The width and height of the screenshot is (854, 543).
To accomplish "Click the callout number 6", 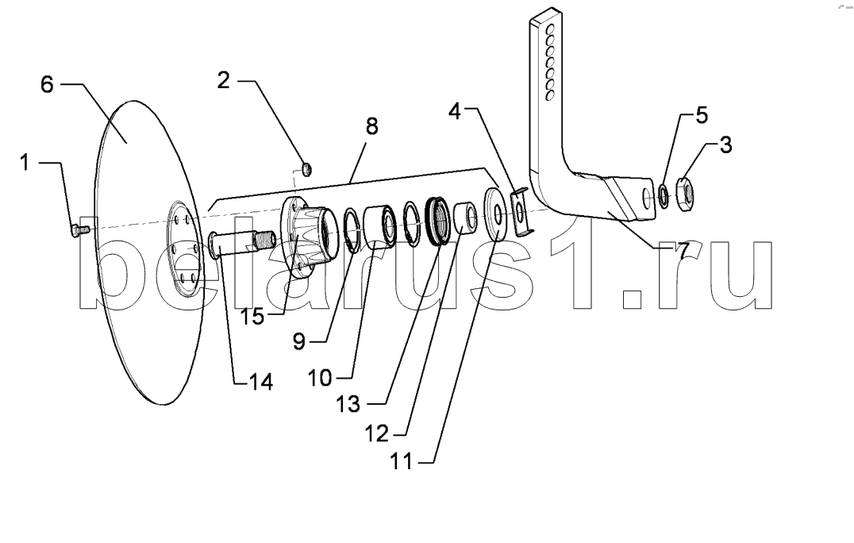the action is point(48,84).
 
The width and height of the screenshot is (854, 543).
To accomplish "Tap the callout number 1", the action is point(25,162).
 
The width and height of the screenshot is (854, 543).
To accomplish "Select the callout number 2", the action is point(224,80).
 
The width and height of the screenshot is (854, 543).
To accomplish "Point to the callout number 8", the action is point(371,126).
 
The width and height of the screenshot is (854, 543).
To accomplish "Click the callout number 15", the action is point(252,316).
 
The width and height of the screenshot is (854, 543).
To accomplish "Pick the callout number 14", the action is point(260,382).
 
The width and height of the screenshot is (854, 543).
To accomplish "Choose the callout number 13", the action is point(348,404).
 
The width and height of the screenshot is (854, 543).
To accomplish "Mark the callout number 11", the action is point(402,462).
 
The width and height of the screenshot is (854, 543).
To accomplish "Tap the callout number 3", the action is point(725,144).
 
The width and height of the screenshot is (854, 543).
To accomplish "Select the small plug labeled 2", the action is point(307,169).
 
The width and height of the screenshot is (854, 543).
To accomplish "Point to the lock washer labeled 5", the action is point(664,196).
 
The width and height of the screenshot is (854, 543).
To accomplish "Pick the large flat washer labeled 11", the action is point(496,214).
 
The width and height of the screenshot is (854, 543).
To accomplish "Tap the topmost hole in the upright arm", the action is point(551,28).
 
